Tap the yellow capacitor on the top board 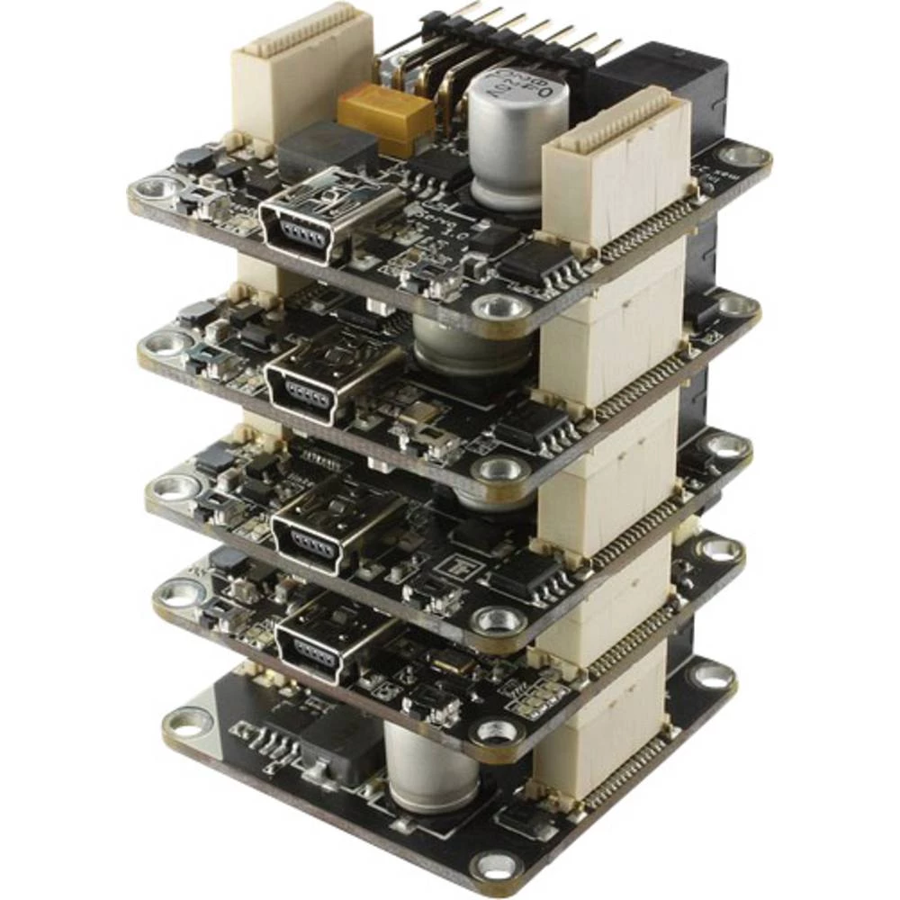(385, 116)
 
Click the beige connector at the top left (301, 72)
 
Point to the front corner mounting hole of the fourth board (498, 731)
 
